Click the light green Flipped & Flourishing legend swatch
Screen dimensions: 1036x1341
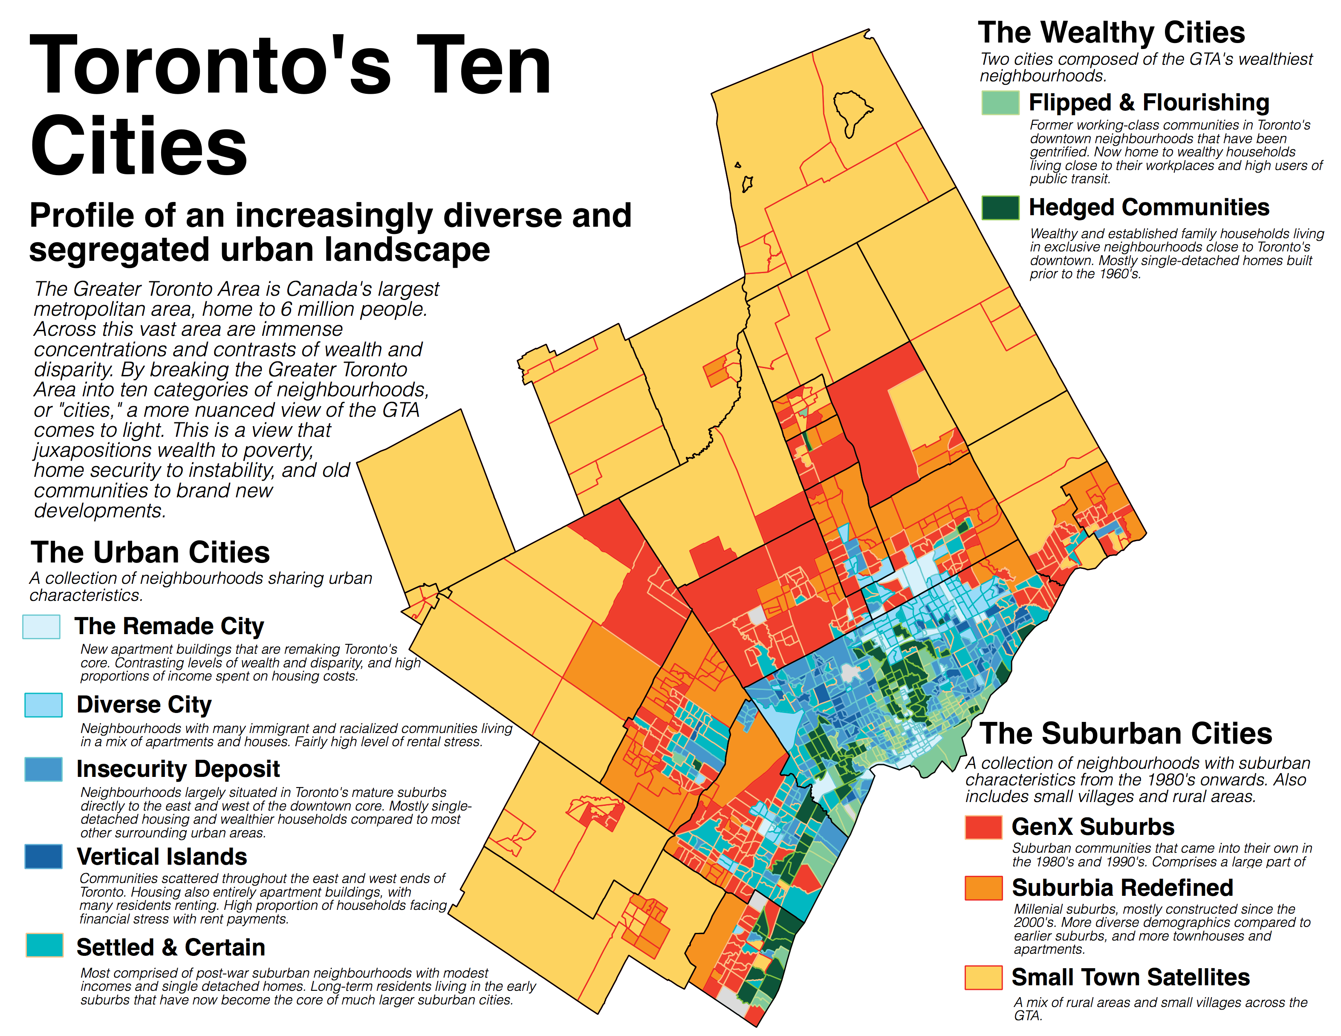[1000, 103]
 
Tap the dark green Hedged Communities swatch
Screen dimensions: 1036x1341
[1000, 208]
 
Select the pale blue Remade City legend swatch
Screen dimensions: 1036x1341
[41, 626]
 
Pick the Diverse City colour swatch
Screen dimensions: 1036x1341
[43, 704]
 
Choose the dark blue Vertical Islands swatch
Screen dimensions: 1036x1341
[43, 856]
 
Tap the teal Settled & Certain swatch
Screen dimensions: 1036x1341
[44, 945]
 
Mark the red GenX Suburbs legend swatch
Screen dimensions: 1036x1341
[983, 827]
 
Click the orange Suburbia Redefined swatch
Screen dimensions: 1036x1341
[983, 887]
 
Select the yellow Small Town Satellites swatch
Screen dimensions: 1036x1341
[983, 977]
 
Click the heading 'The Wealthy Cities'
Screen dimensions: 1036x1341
[1111, 32]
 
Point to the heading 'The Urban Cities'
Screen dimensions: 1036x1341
[150, 552]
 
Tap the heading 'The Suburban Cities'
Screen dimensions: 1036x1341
[1125, 733]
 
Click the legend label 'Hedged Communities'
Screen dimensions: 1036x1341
[1149, 208]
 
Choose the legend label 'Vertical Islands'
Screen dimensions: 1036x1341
[162, 857]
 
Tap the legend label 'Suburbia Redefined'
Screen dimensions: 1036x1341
[1122, 887]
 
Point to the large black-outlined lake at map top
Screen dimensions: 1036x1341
[850, 110]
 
